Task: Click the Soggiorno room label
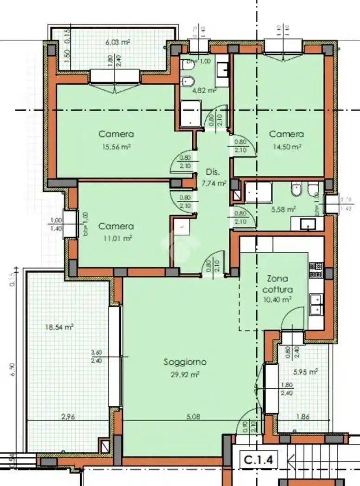pos(185,362)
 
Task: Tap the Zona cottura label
pos(277,284)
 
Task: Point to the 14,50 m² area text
pos(286,146)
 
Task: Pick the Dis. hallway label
pos(213,172)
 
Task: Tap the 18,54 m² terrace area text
pos(59,327)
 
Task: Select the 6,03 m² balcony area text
pos(117,42)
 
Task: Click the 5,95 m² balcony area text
pos(305,372)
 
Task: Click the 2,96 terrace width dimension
pos(68,417)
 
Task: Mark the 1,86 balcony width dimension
pos(303,417)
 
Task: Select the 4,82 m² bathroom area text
pos(204,91)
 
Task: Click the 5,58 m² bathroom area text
pos(283,209)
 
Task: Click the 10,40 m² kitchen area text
pos(277,299)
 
